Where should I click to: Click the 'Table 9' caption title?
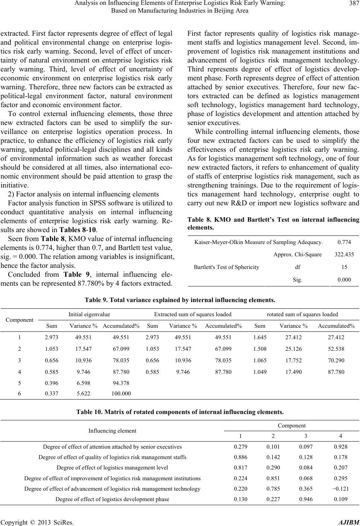pos(180,299)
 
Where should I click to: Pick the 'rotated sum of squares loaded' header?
pos(303,314)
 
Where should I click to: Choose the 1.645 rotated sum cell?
pos(259,338)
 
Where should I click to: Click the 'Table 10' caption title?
pos(180,412)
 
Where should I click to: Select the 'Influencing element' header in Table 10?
pos(112,431)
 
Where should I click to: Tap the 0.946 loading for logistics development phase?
pos(306,499)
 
